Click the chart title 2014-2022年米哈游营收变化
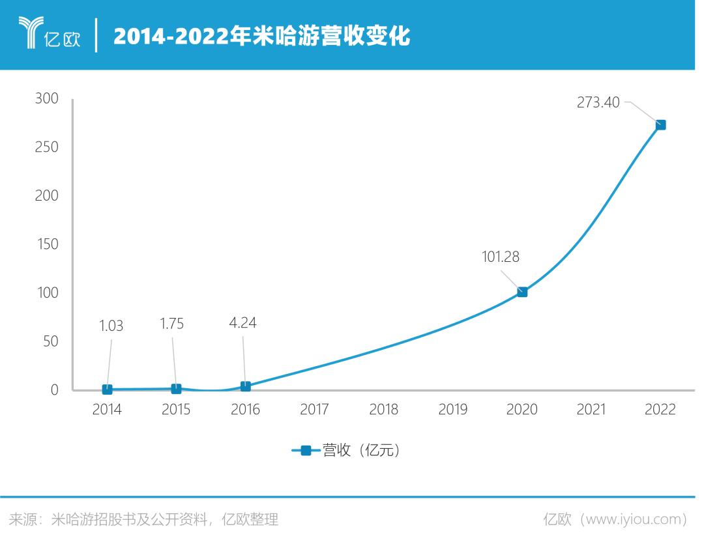261,36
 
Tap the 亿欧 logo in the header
50,34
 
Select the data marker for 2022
660,125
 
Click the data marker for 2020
522,292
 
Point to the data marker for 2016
245,386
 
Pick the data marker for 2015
176,389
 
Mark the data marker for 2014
107,390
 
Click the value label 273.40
598,102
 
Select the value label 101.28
501,257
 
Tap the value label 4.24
242,323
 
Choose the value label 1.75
171,324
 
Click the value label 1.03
111,326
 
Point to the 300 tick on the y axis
46,98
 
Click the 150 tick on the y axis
46,244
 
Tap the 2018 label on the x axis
383,410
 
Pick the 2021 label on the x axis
591,410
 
